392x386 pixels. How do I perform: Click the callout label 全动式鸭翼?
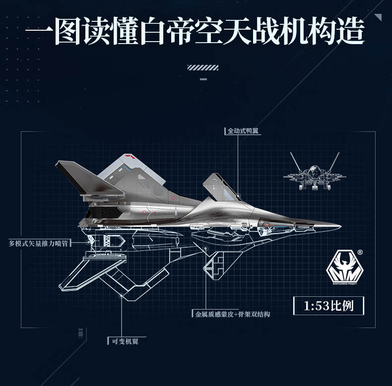click(243, 131)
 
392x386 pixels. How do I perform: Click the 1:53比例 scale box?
click(328, 306)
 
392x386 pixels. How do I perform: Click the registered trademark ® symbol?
click(359, 252)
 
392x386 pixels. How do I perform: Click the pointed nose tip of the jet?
click(340, 227)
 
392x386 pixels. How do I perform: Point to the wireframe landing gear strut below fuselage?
click(214, 265)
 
